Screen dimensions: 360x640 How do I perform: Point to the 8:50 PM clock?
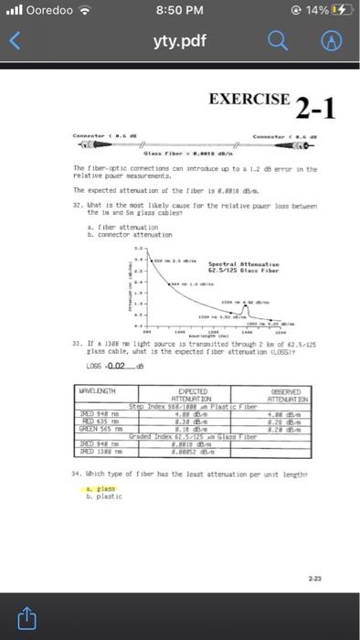coord(179,11)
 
